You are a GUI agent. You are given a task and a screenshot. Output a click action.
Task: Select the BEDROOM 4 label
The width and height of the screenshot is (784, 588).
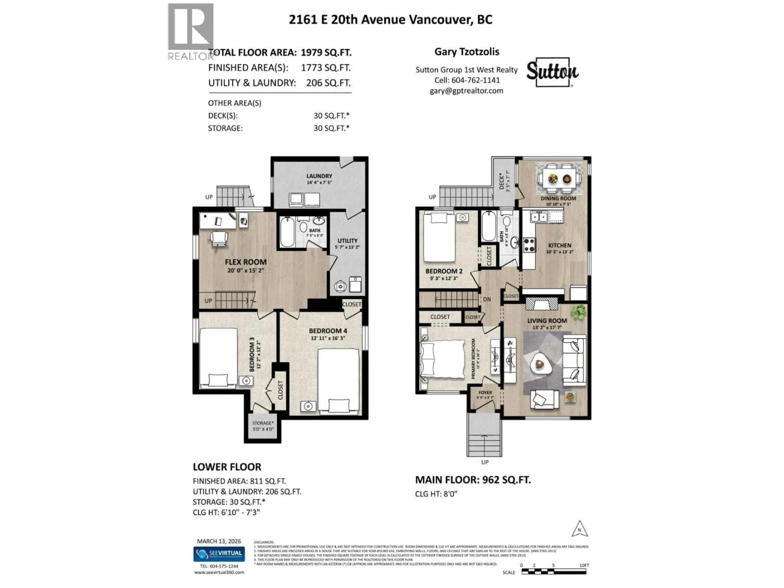(328, 331)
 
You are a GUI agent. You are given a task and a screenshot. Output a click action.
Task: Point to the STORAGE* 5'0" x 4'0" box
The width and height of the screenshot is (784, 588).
(263, 426)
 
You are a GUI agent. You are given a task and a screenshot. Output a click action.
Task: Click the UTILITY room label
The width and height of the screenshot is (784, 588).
(347, 241)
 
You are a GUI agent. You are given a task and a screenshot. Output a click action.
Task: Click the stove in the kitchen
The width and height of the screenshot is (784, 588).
(529, 245)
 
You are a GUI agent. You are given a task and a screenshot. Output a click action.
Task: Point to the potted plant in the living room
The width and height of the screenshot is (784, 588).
(578, 312)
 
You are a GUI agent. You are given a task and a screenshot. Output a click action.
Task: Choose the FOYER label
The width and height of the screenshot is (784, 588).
(485, 393)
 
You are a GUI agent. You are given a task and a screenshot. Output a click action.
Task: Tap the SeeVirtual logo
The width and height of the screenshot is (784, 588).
(219, 554)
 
